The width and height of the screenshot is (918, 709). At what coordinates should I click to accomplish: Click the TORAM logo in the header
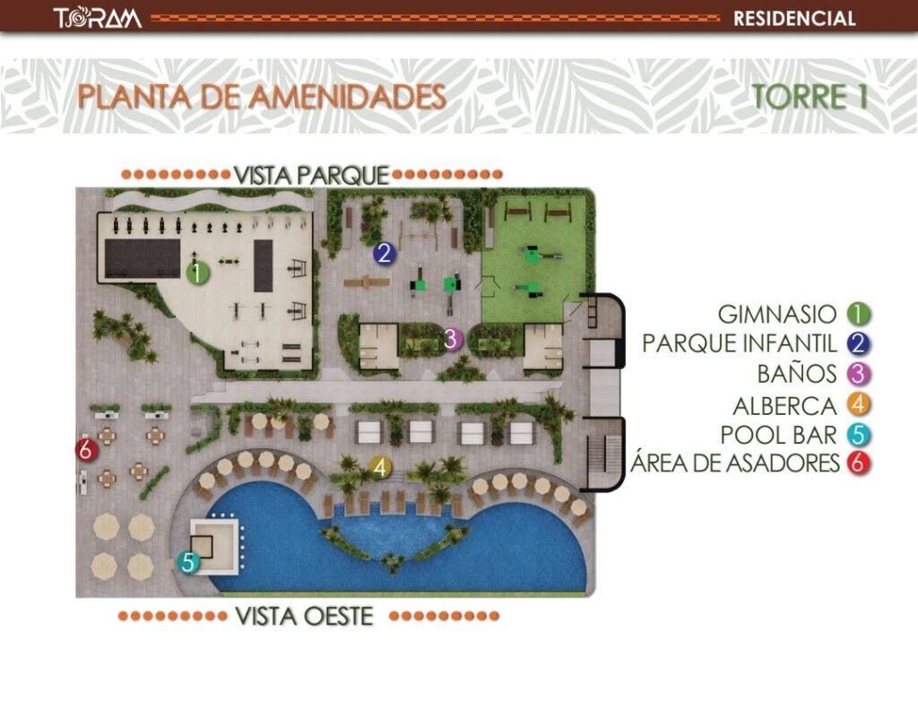[97, 18]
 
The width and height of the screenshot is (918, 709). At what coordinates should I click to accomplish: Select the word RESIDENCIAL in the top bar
[793, 18]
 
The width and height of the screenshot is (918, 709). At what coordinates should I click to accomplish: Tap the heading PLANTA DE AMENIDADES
[262, 97]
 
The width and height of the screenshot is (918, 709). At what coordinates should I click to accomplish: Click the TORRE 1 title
[810, 97]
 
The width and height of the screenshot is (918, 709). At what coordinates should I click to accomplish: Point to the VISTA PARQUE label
[311, 175]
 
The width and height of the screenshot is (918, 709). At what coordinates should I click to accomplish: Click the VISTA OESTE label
[304, 617]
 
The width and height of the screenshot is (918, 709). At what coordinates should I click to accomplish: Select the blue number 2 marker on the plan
[384, 254]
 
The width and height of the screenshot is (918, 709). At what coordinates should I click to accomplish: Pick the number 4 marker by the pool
[380, 467]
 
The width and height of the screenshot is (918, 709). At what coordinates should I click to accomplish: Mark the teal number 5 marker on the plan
[188, 562]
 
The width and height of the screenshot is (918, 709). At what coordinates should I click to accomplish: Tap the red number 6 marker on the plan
[85, 450]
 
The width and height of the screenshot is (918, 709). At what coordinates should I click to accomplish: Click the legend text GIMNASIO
[777, 314]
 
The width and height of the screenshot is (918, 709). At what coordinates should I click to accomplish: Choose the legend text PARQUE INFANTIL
[740, 343]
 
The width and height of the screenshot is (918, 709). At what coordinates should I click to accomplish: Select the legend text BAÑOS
[797, 374]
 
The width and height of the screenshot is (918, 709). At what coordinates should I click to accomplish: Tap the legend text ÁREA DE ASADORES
[734, 463]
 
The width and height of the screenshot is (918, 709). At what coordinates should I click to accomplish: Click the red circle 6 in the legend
[859, 463]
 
